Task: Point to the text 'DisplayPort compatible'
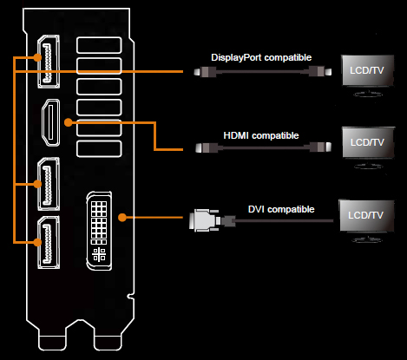[x=261, y=58]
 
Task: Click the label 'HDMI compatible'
[x=261, y=136]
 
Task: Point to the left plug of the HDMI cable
[x=200, y=150]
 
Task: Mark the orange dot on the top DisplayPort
[x=37, y=58]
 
